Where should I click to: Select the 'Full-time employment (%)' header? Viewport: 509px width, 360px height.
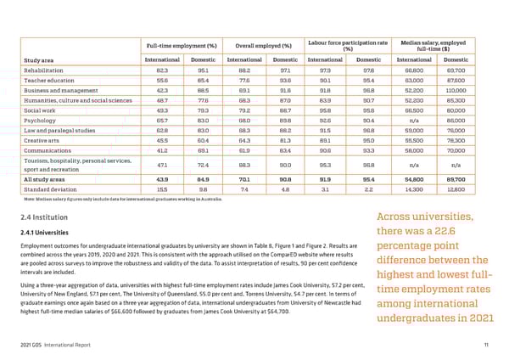(x=181, y=44)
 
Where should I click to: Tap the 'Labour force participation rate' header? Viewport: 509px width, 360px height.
(x=348, y=42)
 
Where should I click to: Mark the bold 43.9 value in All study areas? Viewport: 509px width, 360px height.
(x=161, y=178)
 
